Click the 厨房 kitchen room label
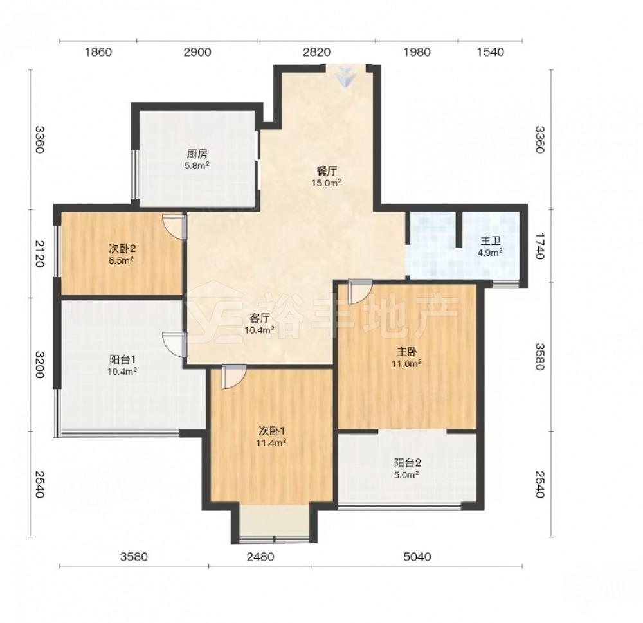point(197,154)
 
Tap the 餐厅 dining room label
point(327,171)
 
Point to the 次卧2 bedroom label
point(122,249)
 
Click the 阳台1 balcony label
point(123,359)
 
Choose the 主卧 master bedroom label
point(407,352)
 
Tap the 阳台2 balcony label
point(408,463)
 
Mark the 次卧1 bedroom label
point(271,431)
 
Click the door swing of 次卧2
point(174,226)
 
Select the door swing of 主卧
point(360,292)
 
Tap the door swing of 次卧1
point(234,377)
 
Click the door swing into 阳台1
point(174,345)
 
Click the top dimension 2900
point(197,52)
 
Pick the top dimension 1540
point(491,52)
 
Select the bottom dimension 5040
point(417,557)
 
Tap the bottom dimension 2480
point(260,557)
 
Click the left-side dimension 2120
point(39,254)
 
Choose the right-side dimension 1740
point(539,246)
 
